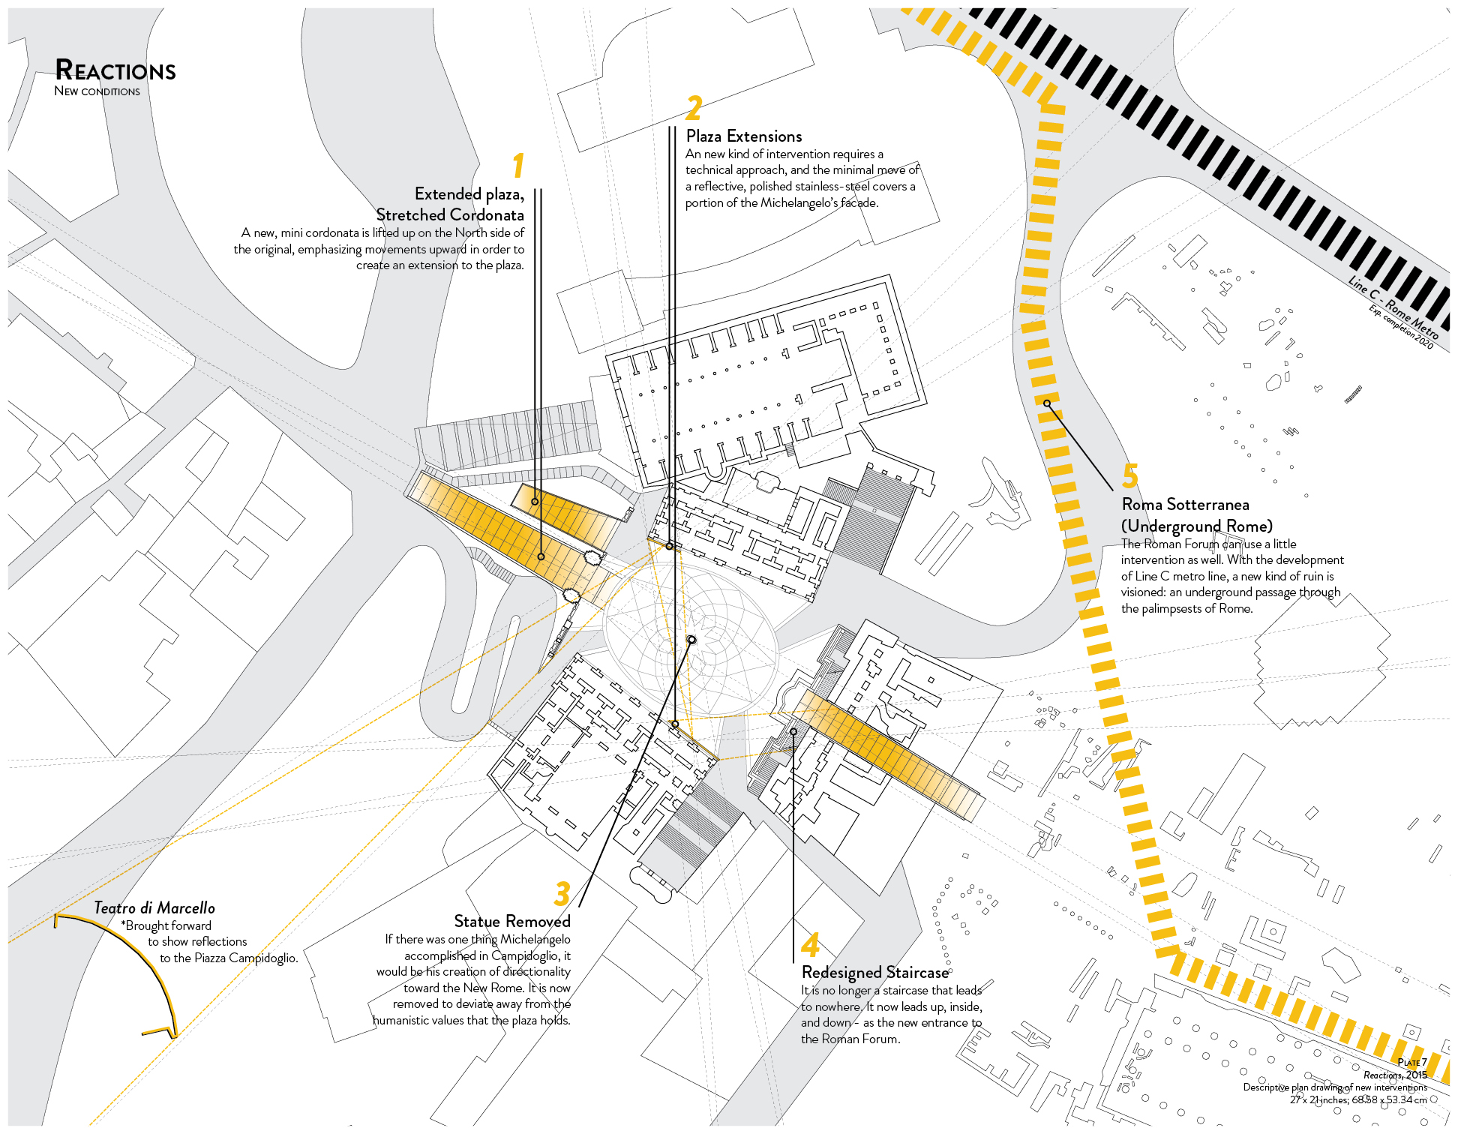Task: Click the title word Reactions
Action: (115, 70)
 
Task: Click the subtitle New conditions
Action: (97, 91)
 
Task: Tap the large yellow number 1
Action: (518, 166)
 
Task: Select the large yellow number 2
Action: (694, 108)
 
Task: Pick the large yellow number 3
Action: (562, 893)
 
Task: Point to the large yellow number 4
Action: (810, 944)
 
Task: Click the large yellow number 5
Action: (1130, 475)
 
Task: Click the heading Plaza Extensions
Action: (744, 136)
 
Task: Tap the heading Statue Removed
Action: (512, 921)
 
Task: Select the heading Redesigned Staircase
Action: (875, 973)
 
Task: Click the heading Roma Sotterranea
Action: (1186, 505)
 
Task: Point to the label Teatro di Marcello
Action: (154, 908)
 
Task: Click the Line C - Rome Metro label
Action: (1393, 307)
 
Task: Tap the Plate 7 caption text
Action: (1412, 1062)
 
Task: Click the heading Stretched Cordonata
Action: (450, 214)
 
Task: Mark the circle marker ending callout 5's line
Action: (1048, 403)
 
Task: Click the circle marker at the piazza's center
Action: (691, 640)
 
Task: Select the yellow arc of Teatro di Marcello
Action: (127, 967)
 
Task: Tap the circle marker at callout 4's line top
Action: (793, 731)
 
